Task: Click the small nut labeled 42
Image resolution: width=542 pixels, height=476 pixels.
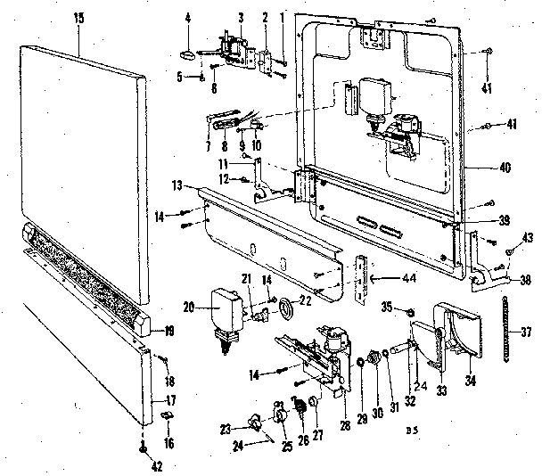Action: pos(143,452)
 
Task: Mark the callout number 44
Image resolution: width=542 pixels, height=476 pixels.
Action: pos(383,279)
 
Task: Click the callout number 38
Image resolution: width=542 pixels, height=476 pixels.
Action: pos(525,278)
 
